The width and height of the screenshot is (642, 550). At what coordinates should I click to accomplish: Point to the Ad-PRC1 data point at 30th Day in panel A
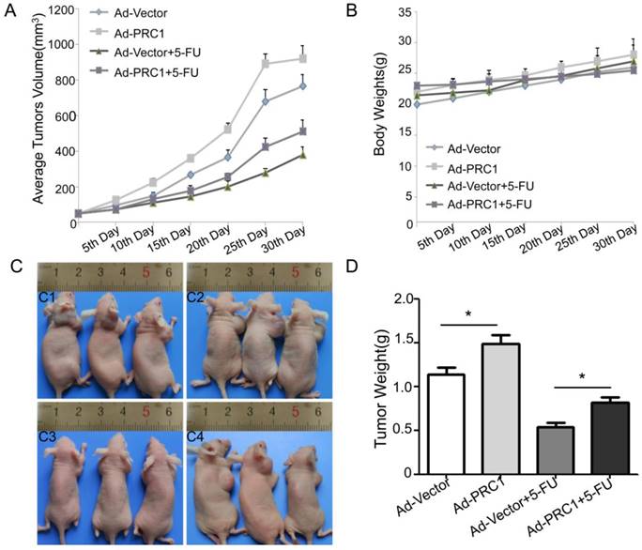point(302,58)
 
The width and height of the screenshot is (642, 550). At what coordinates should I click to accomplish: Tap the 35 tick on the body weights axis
point(403,11)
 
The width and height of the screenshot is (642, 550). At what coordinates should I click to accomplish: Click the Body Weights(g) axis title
point(373,117)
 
